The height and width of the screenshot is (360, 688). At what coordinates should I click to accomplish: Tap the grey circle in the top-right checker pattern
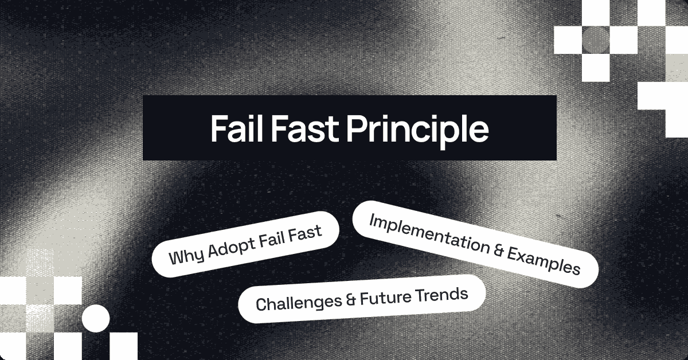click(x=596, y=38)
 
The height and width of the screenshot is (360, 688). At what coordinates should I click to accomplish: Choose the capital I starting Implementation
click(x=372, y=220)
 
